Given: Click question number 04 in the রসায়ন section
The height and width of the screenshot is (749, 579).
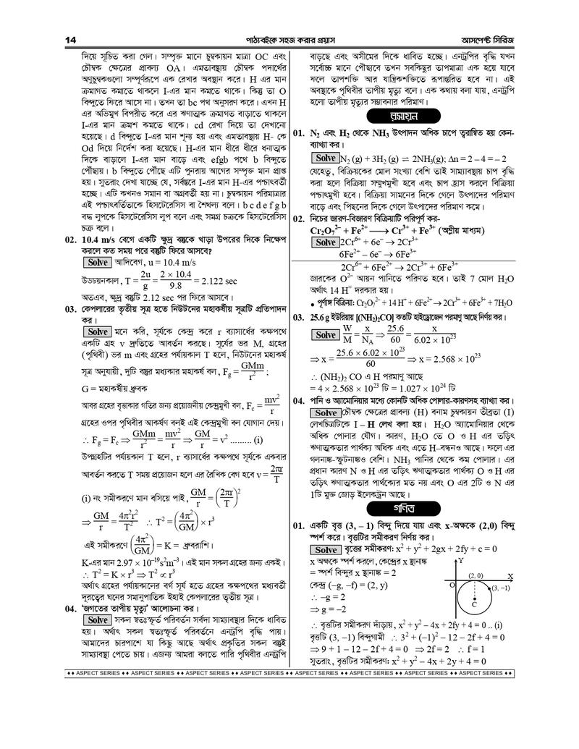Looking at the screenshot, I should pos(299,400).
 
